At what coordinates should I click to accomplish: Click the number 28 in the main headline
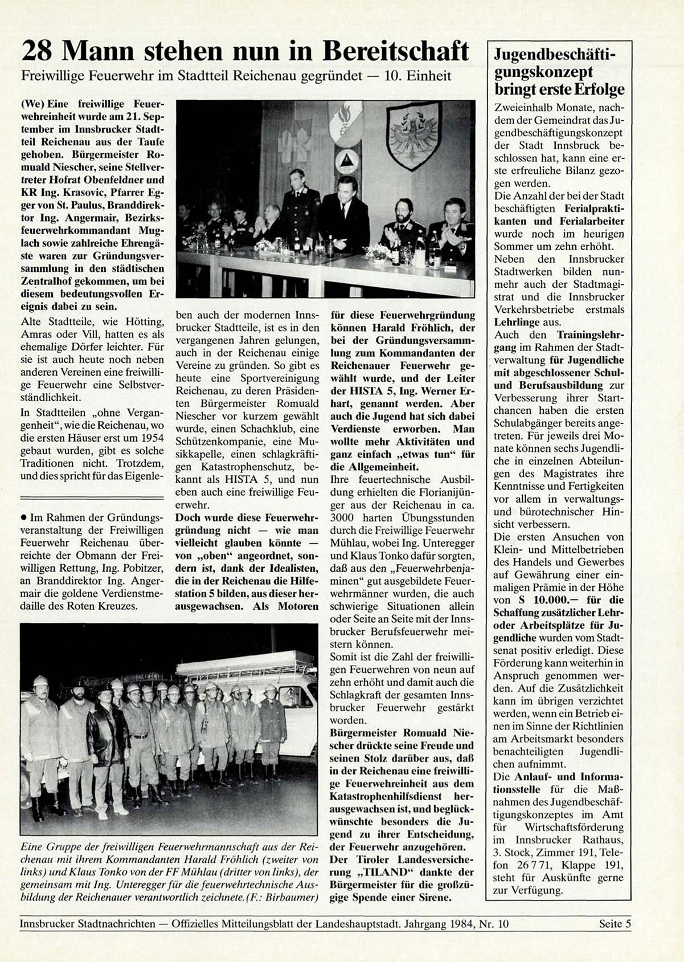[37, 52]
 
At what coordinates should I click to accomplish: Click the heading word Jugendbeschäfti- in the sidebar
[555, 55]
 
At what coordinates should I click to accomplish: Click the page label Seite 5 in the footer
[615, 924]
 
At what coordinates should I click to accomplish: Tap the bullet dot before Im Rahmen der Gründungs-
[23, 518]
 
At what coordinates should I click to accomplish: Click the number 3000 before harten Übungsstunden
[342, 518]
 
